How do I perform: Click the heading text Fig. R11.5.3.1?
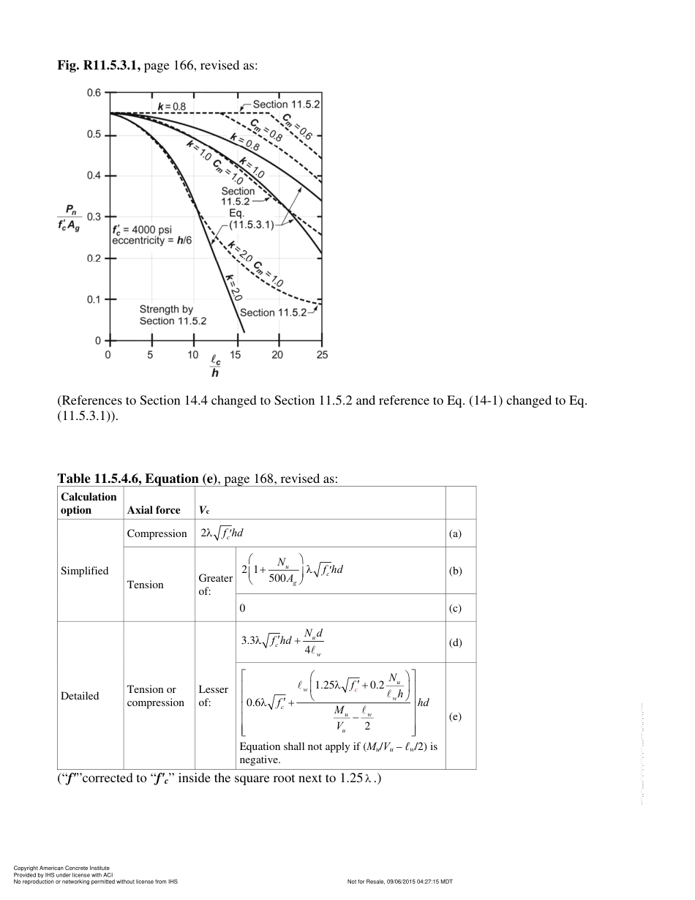99,66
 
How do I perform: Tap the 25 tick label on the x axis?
322,355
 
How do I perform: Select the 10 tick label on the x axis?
192,355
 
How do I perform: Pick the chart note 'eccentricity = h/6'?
151,240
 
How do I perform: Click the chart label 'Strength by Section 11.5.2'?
173,315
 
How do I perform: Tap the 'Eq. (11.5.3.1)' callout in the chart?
251,220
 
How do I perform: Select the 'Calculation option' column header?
89,503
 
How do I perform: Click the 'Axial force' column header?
154,510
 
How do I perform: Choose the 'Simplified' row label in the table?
84,571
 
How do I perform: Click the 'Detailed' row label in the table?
80,696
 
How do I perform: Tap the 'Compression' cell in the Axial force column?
157,533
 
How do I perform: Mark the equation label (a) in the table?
455,534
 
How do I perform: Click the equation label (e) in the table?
455,717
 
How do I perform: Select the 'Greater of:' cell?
215,584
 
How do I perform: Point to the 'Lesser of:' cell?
213,696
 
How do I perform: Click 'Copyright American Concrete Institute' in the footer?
61,868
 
